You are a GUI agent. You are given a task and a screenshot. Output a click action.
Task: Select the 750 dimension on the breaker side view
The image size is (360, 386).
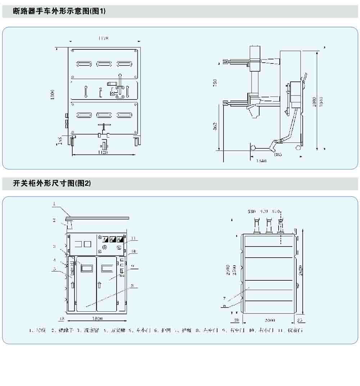(215, 83)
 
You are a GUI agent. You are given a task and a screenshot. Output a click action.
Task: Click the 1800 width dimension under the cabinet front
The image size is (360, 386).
(97, 318)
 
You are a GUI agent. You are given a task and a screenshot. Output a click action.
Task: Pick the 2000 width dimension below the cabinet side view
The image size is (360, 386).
(269, 320)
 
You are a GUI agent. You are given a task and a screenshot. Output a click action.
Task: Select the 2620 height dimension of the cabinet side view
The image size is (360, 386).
(301, 270)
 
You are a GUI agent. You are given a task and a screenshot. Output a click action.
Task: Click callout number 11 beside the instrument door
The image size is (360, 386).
(134, 238)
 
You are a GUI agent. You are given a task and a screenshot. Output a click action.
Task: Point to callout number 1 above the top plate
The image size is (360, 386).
(54, 204)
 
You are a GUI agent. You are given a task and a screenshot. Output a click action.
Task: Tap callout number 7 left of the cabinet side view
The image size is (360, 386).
(224, 298)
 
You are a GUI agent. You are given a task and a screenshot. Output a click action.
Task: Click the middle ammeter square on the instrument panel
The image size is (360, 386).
(112, 239)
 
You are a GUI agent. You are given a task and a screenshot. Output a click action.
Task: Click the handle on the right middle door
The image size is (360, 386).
(99, 285)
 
